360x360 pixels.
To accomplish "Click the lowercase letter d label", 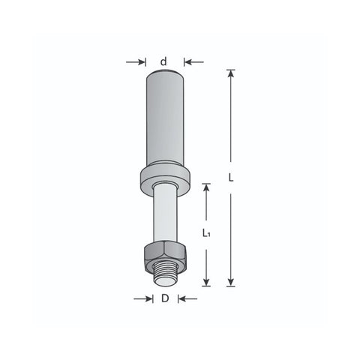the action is pyautogui.click(x=163, y=61).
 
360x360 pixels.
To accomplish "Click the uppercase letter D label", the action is pyautogui.click(x=165, y=298).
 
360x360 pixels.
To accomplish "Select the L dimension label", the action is pyautogui.click(x=231, y=178).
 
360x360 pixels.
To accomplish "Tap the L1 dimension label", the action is pyautogui.click(x=206, y=233).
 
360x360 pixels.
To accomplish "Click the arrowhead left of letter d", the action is pyautogui.click(x=142, y=61).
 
